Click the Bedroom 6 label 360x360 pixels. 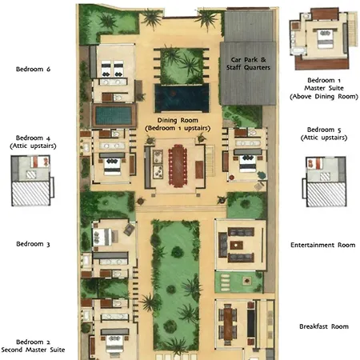click(33, 69)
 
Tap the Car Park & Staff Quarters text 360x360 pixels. click(248, 63)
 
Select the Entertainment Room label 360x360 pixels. click(323, 245)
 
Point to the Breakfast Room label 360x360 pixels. click(324, 326)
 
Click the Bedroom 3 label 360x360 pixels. click(33, 244)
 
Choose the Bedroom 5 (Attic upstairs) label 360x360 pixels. click(324, 134)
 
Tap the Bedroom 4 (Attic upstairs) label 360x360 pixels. click(33, 142)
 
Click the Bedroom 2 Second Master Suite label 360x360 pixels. click(33, 346)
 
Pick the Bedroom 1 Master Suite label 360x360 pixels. click(324, 88)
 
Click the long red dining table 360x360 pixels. click(178, 165)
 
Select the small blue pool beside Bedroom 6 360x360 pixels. click(114, 115)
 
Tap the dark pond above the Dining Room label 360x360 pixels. click(182, 98)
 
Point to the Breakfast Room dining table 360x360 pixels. click(228, 323)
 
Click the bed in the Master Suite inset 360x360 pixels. click(325, 39)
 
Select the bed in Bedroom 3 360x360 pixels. click(102, 237)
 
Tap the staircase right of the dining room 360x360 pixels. click(210, 160)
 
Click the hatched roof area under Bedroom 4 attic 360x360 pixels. click(30, 194)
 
